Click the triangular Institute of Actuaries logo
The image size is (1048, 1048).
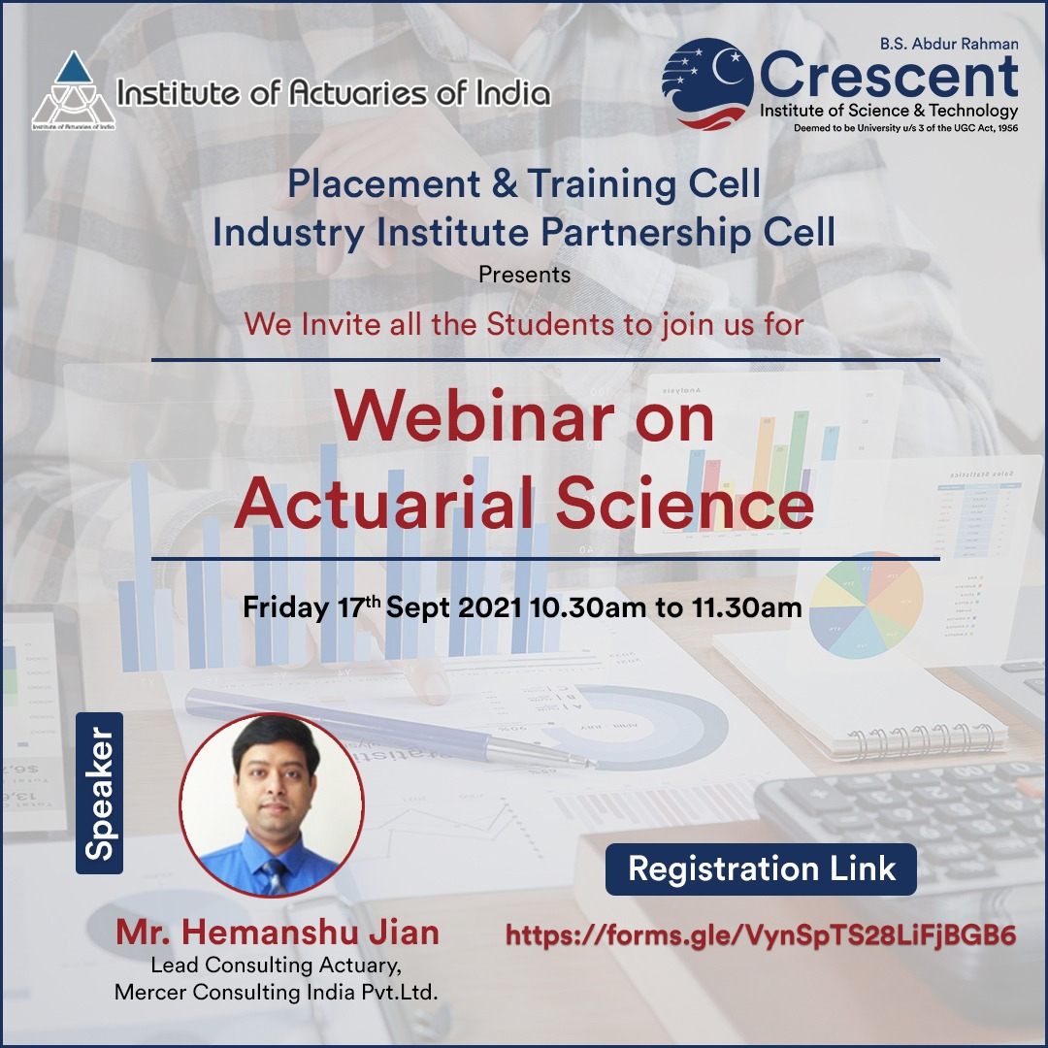[x=74, y=90]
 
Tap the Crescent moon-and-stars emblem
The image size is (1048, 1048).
[x=707, y=83]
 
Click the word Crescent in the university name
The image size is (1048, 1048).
[x=889, y=77]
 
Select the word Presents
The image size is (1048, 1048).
[x=525, y=275]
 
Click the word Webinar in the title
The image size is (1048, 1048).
[x=474, y=417]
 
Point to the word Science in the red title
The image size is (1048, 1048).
[x=684, y=503]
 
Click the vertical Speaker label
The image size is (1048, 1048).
[x=100, y=793]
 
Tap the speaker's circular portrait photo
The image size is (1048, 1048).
[x=272, y=804]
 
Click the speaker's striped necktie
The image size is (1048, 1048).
[x=275, y=876]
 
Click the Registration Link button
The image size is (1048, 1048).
[x=762, y=868]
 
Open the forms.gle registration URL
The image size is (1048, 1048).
[x=762, y=935]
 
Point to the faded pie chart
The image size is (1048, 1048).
[x=866, y=605]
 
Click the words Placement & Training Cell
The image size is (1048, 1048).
[x=524, y=183]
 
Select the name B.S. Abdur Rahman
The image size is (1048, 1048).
[x=949, y=44]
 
